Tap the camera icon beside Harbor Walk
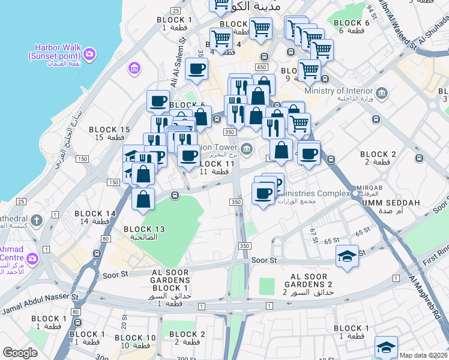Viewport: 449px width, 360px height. [x=91, y=55]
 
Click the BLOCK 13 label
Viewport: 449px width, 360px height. [x=144, y=232]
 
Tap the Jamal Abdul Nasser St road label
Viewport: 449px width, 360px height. [x=40, y=304]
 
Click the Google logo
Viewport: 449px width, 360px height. [x=20, y=353]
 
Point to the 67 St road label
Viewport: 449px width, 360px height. [x=314, y=235]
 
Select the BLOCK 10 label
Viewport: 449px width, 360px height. [x=136, y=341]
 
